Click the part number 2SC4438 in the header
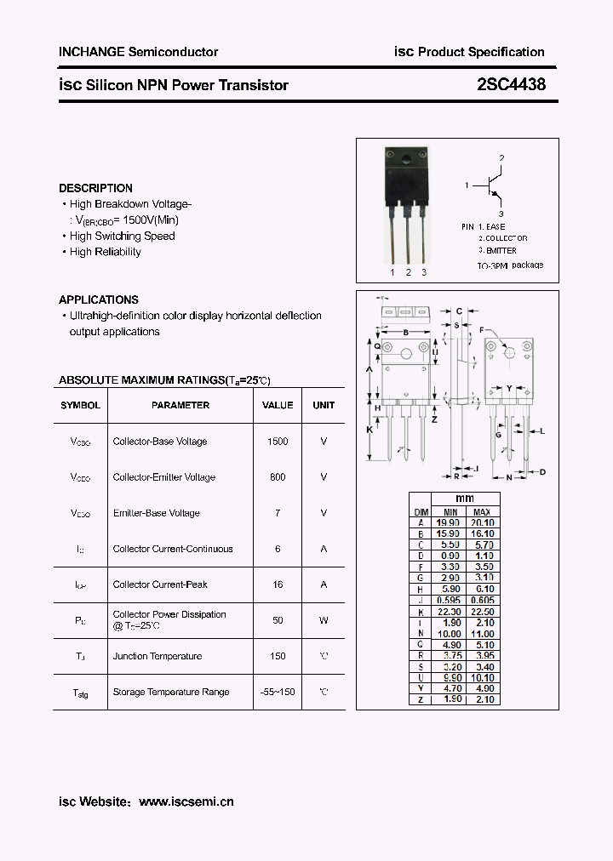tap(511, 85)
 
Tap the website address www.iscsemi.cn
tap(186, 801)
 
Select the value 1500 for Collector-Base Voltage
tap(278, 442)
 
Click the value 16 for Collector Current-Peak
tap(278, 584)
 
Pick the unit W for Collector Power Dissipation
tap(324, 620)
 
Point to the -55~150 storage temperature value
tap(278, 692)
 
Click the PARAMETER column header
tap(180, 406)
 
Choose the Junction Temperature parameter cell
tap(158, 656)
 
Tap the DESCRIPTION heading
tap(95, 188)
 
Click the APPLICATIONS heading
tap(99, 299)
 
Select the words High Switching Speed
tap(123, 237)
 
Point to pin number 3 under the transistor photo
tap(424, 272)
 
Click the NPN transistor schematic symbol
tap(490, 185)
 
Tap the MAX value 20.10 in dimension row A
tap(482, 522)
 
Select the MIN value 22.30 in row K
tap(449, 611)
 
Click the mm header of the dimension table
tap(465, 499)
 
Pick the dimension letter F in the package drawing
tap(482, 330)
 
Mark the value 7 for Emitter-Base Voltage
tap(278, 513)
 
